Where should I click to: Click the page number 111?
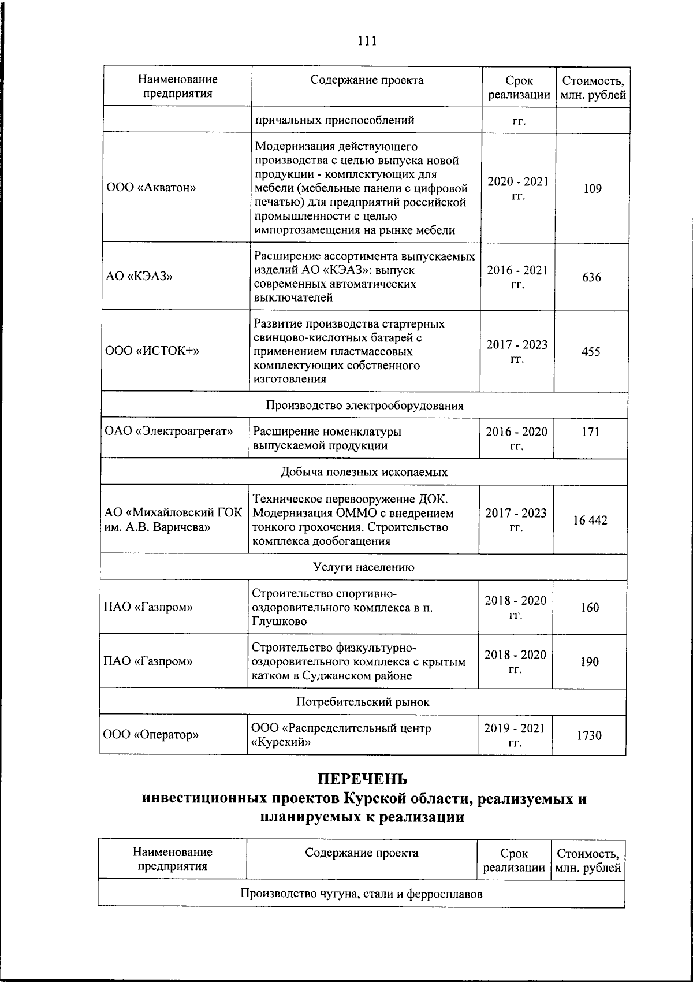[x=367, y=41]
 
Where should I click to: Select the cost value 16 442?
[x=590, y=520]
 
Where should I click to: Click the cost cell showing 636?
[x=591, y=277]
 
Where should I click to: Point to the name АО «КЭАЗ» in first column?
[x=139, y=276]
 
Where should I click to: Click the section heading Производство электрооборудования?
[x=364, y=405]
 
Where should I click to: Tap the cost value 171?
[x=590, y=432]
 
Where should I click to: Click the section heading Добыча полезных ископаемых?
[x=364, y=472]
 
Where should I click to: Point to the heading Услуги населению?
[x=364, y=567]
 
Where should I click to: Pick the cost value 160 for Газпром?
[x=590, y=607]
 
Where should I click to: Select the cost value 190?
[x=590, y=661]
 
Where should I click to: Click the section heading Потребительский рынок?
[x=363, y=702]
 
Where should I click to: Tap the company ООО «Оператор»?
[x=151, y=735]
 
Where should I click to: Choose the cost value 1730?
[x=589, y=735]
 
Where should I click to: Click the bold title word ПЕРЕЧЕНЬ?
[x=363, y=780]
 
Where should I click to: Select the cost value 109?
[x=592, y=188]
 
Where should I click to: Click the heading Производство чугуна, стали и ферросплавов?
[x=361, y=894]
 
